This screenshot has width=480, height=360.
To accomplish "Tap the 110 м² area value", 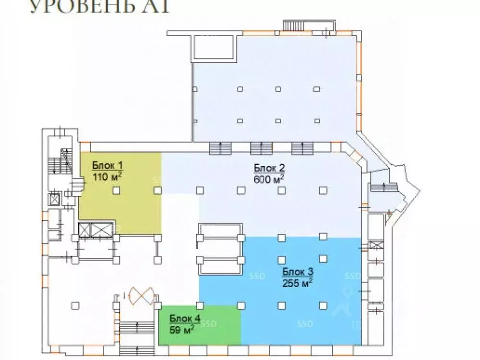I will pyautogui.click(x=107, y=176).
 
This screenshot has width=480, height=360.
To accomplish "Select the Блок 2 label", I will pyautogui.click(x=269, y=168).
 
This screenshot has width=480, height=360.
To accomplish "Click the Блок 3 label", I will pyautogui.click(x=298, y=272).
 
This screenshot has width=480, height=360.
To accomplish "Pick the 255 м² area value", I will pyautogui.click(x=298, y=282).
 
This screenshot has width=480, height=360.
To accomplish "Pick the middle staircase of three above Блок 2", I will pyautogui.click(x=261, y=148).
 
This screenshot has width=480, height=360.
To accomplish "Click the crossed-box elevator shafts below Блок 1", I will pyautogui.click(x=96, y=230).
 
